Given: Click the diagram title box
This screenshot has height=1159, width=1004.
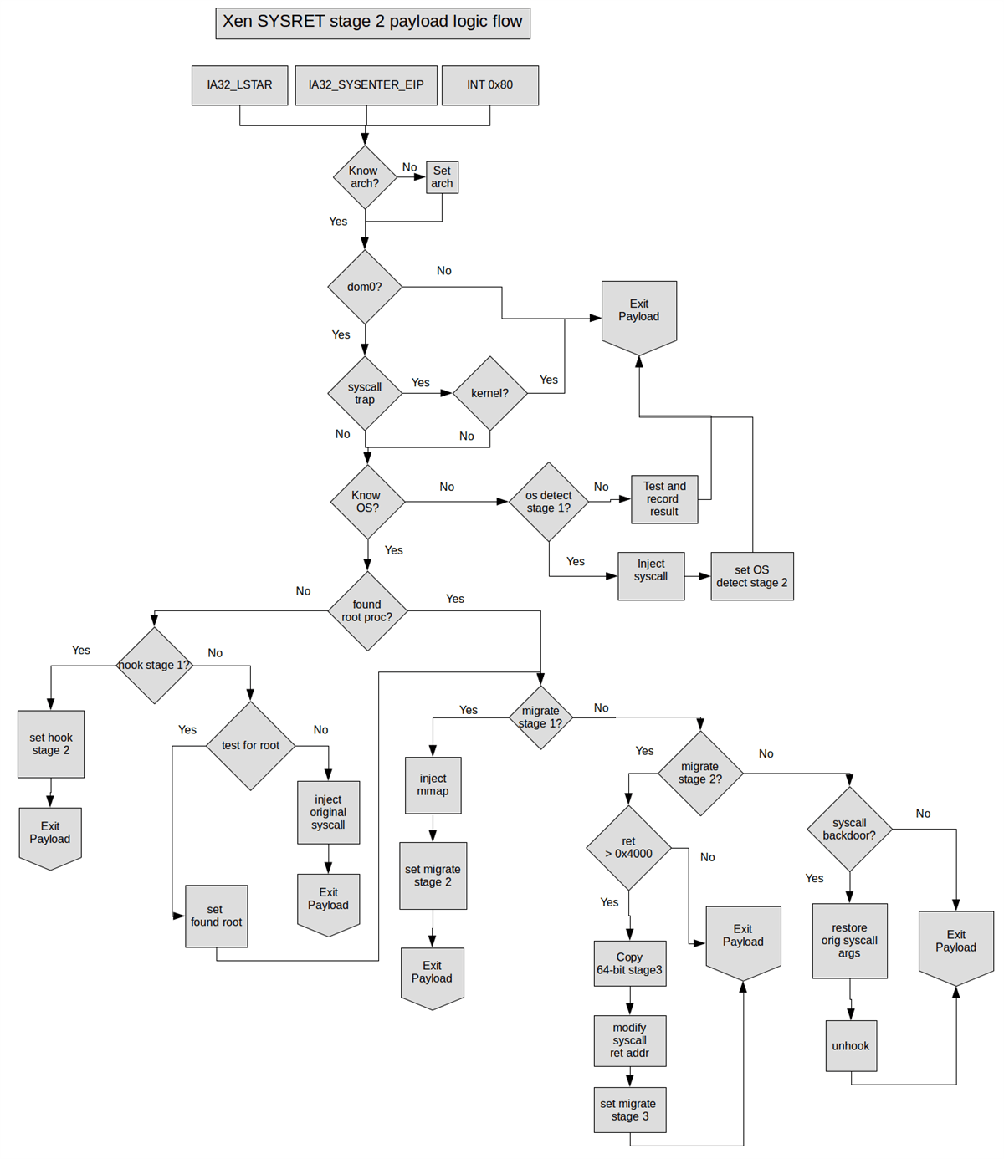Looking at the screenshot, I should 372,23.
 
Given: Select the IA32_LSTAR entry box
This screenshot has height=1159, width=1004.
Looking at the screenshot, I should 239,85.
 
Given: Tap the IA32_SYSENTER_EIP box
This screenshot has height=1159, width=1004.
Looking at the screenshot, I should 366,85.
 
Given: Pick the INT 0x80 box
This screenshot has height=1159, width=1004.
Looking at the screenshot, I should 489,85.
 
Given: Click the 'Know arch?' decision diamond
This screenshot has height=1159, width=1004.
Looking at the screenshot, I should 364,177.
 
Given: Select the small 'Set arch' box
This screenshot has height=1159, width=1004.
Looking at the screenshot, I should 442,177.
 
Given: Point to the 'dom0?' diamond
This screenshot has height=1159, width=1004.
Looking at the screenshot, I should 365,287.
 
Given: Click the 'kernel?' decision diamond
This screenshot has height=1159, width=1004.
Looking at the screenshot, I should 489,393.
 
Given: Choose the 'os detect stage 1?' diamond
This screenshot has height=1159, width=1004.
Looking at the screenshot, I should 549,502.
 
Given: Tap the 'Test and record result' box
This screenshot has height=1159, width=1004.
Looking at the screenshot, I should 664,499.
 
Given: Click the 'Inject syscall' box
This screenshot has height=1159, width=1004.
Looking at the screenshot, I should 651,575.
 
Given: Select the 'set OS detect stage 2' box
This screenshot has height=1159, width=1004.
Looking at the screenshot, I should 751,576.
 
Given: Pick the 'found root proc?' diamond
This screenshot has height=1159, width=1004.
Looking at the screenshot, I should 366,611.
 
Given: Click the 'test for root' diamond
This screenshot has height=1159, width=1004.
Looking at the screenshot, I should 250,745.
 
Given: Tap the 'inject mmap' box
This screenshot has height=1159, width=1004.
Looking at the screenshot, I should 433,785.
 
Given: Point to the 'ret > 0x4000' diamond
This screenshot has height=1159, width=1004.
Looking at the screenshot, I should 628,848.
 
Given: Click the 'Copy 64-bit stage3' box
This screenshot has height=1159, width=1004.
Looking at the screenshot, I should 629,963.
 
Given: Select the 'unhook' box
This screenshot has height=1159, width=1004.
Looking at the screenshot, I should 851,1045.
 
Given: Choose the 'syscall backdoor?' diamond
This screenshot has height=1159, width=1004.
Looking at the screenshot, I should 849,830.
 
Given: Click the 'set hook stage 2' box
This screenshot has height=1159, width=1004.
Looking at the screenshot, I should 51,744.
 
